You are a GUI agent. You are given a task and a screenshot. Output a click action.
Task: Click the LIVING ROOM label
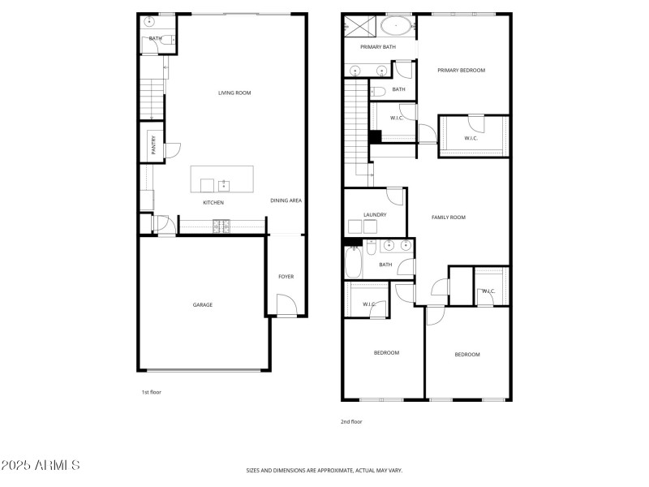pyautogui.click(x=234, y=93)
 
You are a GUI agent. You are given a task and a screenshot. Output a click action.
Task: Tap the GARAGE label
pyautogui.click(x=202, y=305)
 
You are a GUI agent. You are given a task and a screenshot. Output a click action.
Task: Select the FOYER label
pyautogui.click(x=286, y=277)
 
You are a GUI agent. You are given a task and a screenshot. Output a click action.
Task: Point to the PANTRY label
pyautogui.click(x=153, y=145)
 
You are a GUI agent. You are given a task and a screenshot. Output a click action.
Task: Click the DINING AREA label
pyautogui.click(x=286, y=200)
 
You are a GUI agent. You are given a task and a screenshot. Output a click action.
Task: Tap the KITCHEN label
pyautogui.click(x=213, y=203)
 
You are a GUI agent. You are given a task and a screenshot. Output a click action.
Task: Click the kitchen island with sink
pyautogui.click(x=221, y=179)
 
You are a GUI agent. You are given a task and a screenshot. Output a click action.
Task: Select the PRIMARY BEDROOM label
pyautogui.click(x=461, y=71)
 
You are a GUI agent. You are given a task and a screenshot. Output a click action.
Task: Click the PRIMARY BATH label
pyautogui.click(x=378, y=47)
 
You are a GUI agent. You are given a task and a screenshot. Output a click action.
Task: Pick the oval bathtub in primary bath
pyautogui.click(x=396, y=26)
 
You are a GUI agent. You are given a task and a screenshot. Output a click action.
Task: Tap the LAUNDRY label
pyautogui.click(x=375, y=215)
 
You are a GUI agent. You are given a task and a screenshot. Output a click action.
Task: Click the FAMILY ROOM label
pyautogui.click(x=448, y=218)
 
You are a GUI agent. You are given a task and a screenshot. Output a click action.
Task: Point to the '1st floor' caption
pyautogui.click(x=152, y=392)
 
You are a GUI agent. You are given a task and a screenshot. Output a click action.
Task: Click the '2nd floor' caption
pyautogui.click(x=351, y=421)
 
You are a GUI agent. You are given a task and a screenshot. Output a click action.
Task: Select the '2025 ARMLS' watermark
pyautogui.click(x=41, y=466)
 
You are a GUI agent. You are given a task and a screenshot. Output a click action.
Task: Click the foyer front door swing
pyautogui.click(x=286, y=306)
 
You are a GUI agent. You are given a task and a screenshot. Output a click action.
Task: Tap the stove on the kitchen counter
pyautogui.click(x=218, y=226)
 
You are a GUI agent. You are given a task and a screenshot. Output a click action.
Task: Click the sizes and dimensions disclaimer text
pyautogui.click(x=324, y=470)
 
